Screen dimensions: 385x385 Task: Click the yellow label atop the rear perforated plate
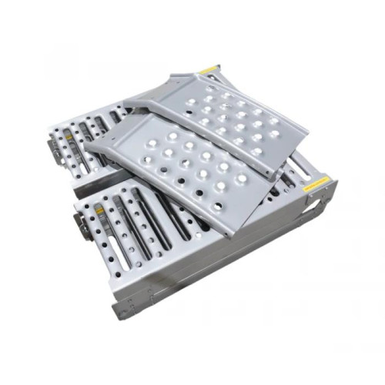tap(209, 70)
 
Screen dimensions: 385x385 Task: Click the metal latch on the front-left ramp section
tap(79, 223)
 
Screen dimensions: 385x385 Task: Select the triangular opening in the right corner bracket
tap(323, 199)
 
